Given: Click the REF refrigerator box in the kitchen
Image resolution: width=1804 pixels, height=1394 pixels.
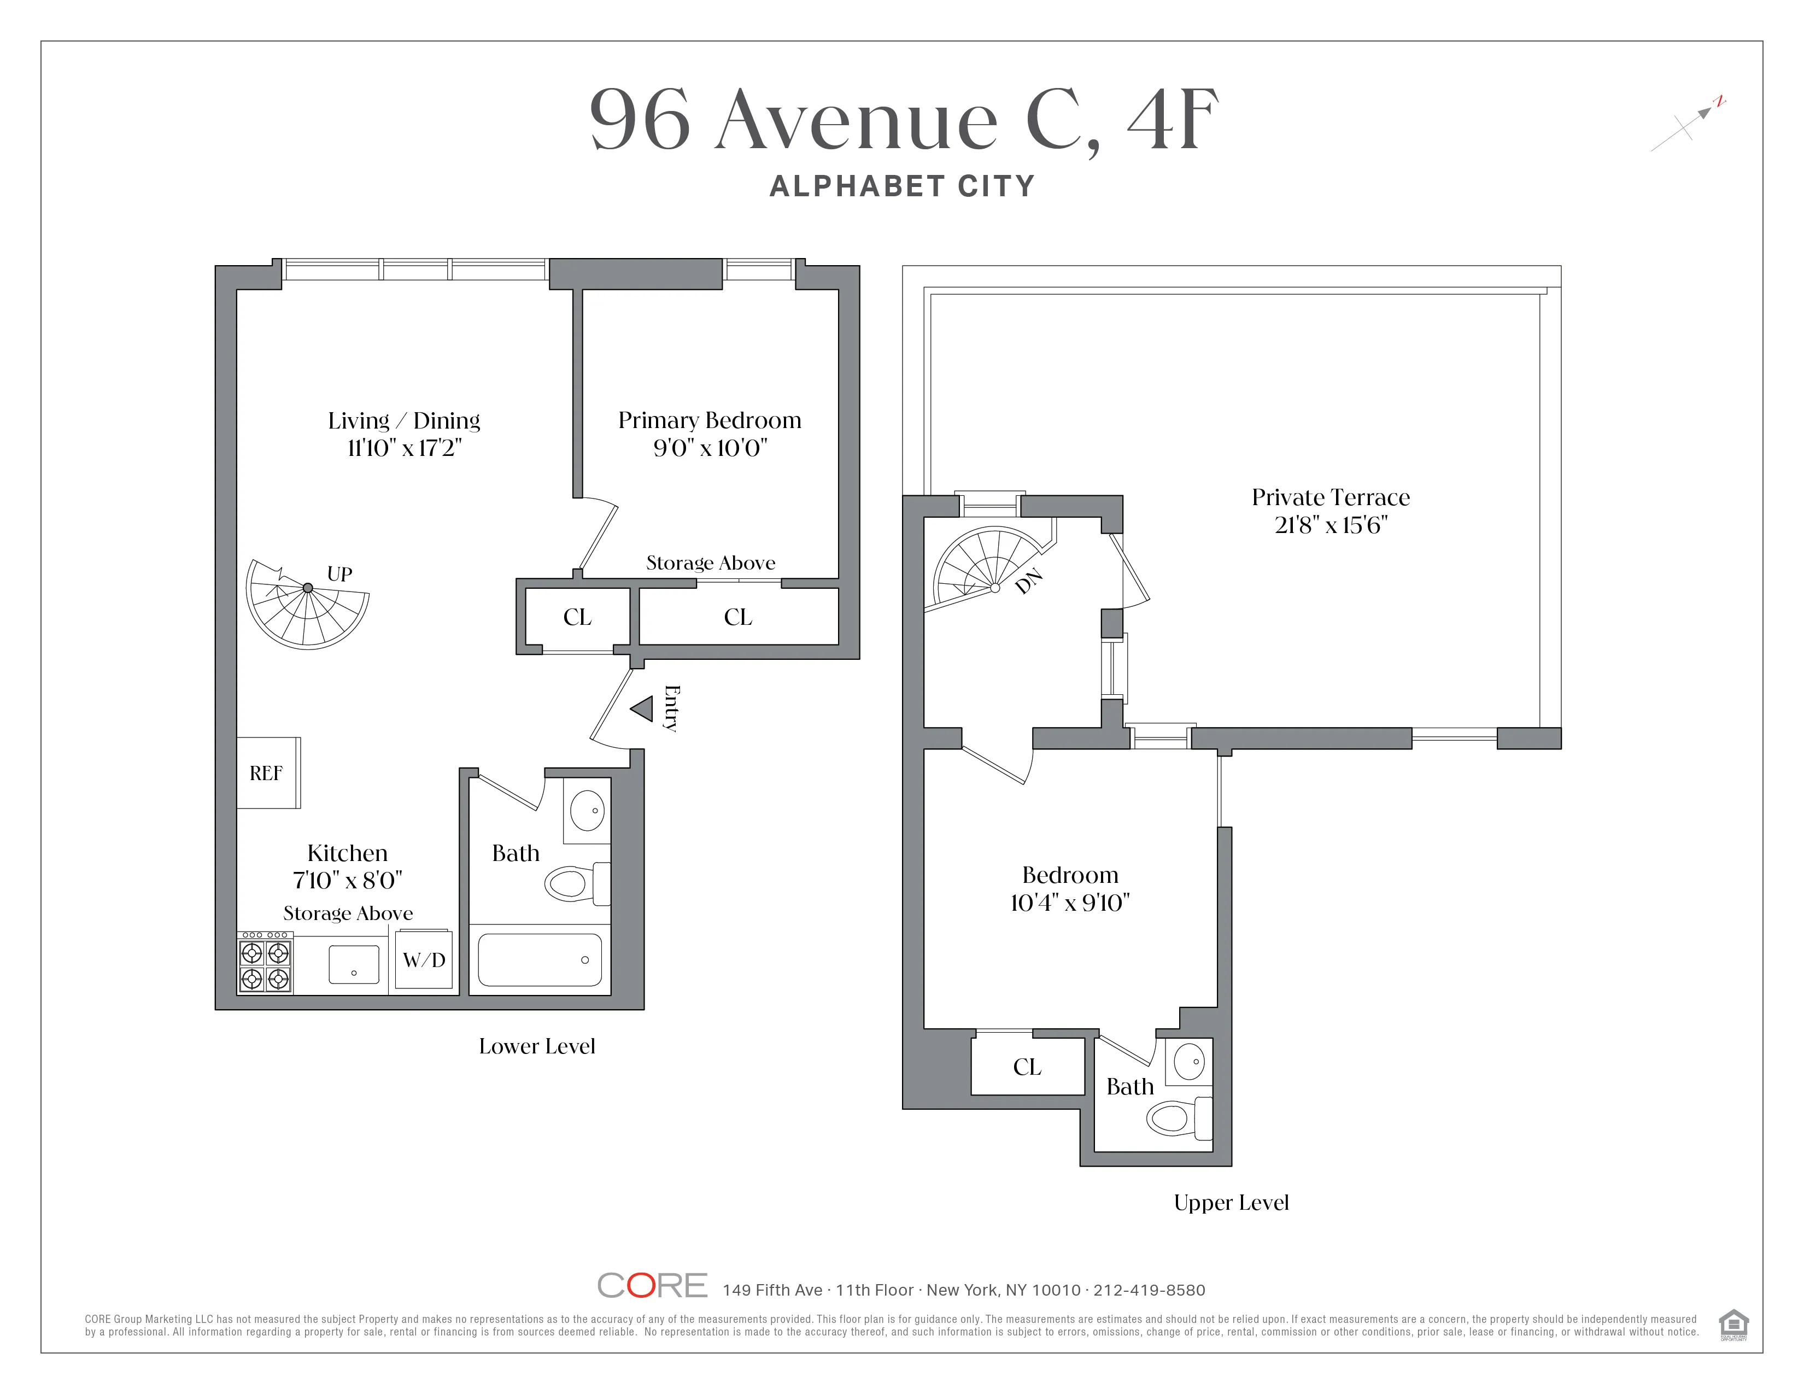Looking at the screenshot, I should (268, 773).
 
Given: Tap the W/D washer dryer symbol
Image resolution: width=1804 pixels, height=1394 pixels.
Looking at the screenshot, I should (424, 959).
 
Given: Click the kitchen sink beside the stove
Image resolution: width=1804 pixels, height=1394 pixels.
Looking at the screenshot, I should (354, 964).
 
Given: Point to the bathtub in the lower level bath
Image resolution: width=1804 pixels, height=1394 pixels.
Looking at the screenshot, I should (540, 959).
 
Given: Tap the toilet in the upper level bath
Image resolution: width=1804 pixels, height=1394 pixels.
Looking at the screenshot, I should (1177, 1119).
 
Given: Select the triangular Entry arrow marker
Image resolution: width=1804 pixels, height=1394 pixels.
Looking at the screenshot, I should (643, 708).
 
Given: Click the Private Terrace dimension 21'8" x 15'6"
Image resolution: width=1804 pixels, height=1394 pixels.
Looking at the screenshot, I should (1331, 525).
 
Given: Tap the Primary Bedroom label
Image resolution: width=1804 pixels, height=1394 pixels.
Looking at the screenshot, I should (710, 420).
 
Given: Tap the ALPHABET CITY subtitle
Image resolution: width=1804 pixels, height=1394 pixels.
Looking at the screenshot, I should (902, 186).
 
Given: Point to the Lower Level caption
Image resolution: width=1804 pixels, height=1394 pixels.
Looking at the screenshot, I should (537, 1046).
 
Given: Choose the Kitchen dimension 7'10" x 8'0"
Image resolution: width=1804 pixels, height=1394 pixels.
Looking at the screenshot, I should (347, 880).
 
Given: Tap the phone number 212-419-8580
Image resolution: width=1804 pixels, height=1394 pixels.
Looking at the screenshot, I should (1149, 1290).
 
